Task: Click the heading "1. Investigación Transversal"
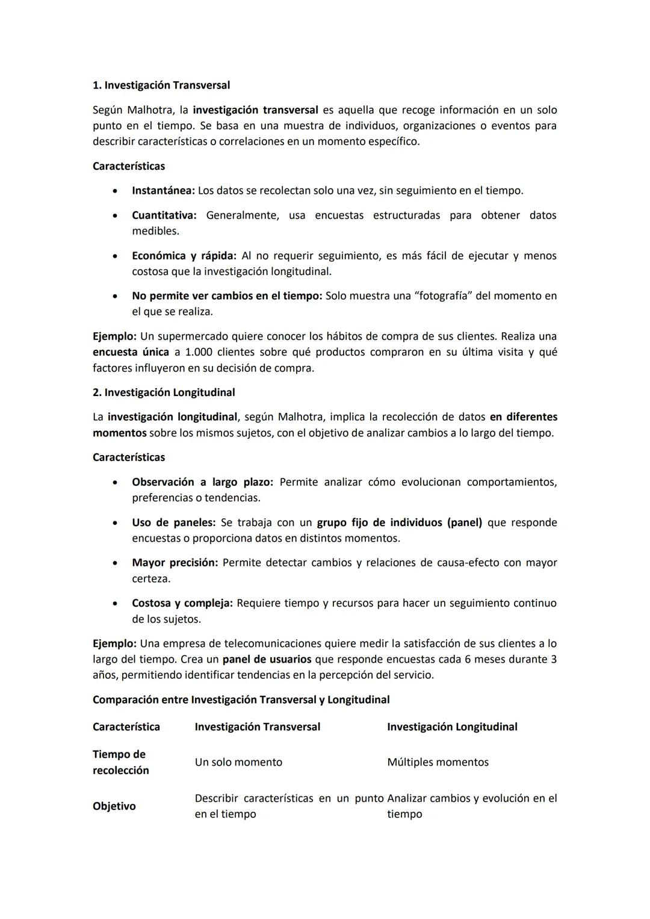pos(161,85)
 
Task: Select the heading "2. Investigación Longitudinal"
pos(164,392)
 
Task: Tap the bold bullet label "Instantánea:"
pos(163,191)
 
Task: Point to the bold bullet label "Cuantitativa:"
pos(164,215)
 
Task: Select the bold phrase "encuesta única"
pos(131,352)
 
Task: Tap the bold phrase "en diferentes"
pos(523,417)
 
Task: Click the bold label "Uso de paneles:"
pos(173,523)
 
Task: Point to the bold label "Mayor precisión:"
pos(175,563)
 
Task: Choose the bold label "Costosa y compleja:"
pos(182,603)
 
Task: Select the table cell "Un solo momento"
pos(238,763)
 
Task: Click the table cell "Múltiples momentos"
pos(438,763)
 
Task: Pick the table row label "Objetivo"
pos(114,806)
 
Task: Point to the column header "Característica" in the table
pos(126,727)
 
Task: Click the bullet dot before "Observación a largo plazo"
pos(114,483)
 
